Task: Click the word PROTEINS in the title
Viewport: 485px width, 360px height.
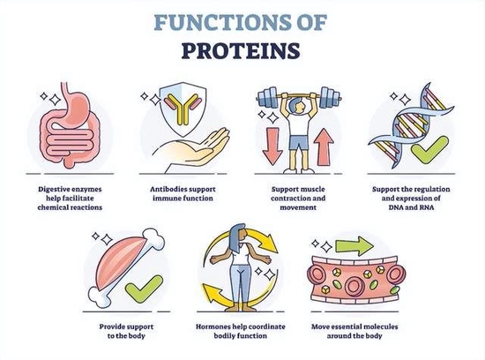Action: tap(241, 50)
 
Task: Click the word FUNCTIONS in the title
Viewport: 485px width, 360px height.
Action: tap(220, 22)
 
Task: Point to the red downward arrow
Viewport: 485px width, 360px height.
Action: tap(272, 146)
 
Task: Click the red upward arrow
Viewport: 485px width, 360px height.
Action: tap(324, 147)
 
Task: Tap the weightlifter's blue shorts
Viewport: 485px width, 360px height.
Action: tap(299, 142)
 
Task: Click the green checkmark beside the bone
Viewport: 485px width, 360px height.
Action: tap(144, 289)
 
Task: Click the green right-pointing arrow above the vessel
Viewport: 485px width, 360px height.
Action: tap(354, 246)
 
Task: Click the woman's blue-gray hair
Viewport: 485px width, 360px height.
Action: tap(236, 236)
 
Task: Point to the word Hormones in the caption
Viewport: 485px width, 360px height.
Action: tap(214, 326)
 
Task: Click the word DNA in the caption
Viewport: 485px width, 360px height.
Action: tap(396, 207)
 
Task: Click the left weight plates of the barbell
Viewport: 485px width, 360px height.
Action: tap(268, 98)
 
